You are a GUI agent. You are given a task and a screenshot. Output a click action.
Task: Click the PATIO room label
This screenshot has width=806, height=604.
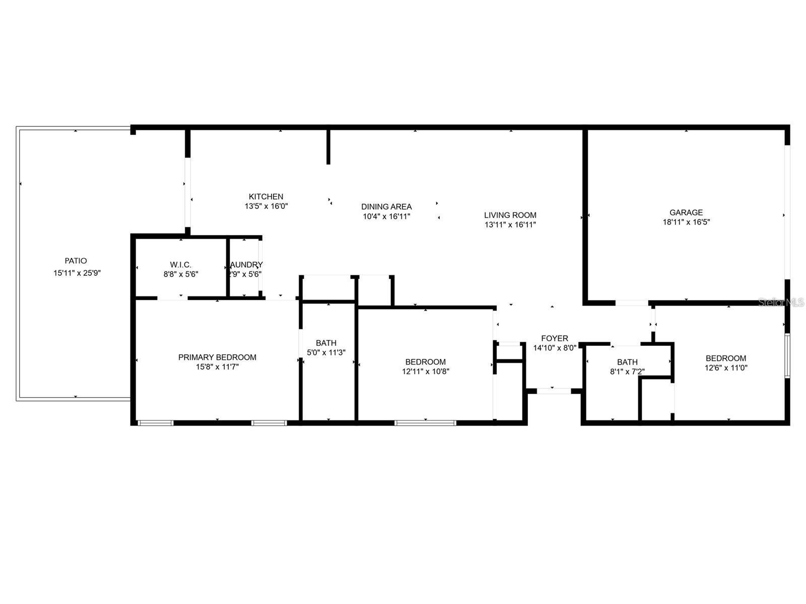point(76,261)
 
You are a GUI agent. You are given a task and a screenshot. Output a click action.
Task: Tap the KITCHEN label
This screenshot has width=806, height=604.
point(266,197)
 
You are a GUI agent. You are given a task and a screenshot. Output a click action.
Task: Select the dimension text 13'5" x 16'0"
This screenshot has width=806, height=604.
point(266,206)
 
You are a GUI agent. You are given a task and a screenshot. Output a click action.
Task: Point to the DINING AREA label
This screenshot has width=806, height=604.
point(386,207)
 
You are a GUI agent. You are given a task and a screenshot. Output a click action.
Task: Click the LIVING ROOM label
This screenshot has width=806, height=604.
point(510,215)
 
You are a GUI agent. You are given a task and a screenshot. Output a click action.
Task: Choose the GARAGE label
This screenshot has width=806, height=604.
point(686,212)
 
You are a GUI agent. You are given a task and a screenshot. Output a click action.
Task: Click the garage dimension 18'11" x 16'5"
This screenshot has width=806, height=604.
point(686,222)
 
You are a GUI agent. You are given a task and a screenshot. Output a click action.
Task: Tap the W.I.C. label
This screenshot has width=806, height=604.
point(180,265)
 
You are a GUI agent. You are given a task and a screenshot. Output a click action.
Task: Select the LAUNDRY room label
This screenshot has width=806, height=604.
point(246,265)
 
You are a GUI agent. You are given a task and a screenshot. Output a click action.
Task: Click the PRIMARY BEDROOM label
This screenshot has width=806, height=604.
point(217,357)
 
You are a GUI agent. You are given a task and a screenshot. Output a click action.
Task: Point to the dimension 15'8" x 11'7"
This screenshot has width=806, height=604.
point(217,367)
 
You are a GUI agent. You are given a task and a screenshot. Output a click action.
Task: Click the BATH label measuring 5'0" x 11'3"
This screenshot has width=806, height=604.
point(326,343)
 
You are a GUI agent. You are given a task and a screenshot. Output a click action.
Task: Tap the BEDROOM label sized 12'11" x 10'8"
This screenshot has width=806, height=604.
point(426,362)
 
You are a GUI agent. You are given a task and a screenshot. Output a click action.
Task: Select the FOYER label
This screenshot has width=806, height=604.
point(555,339)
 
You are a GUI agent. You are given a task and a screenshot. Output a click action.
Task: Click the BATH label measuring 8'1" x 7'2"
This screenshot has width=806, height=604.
point(627,362)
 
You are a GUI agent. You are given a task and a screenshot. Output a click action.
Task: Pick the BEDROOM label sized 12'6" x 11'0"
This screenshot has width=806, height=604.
point(726,358)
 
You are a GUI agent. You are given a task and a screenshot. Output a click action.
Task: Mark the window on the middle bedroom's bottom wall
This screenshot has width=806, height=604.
point(426,423)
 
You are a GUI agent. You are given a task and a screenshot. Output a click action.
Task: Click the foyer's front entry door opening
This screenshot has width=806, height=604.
point(553,391)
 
